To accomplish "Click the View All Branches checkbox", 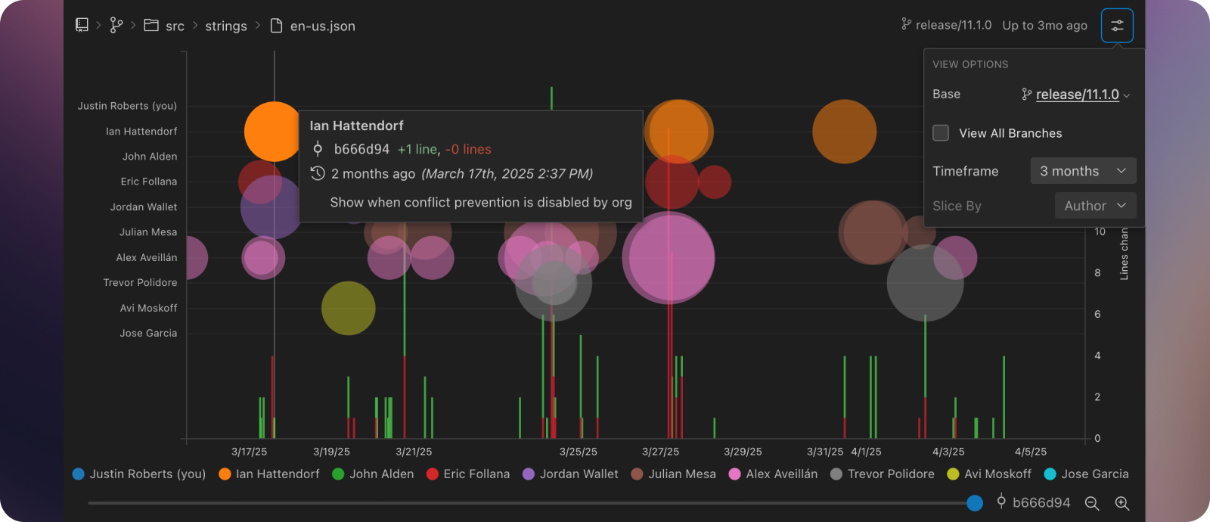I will coord(941,133).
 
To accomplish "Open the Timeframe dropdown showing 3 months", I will coord(1083,171).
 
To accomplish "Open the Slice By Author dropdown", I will coord(1095,206).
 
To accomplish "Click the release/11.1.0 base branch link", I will coord(1077,95).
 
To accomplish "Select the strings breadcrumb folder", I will coord(225,26).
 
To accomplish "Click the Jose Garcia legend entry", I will coord(1087,474).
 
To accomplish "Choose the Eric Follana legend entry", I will coord(468,474).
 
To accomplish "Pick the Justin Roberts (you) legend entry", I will coord(139,474).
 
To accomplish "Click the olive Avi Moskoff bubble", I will coord(348,308).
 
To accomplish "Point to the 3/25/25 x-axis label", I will coord(578,452).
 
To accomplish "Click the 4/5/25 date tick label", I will coord(1030,452).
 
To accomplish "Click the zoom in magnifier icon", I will coord(1122,503).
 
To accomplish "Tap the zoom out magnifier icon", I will coord(1092,503).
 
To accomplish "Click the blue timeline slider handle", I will coord(975,503).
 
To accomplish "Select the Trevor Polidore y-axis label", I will coord(140,283).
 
